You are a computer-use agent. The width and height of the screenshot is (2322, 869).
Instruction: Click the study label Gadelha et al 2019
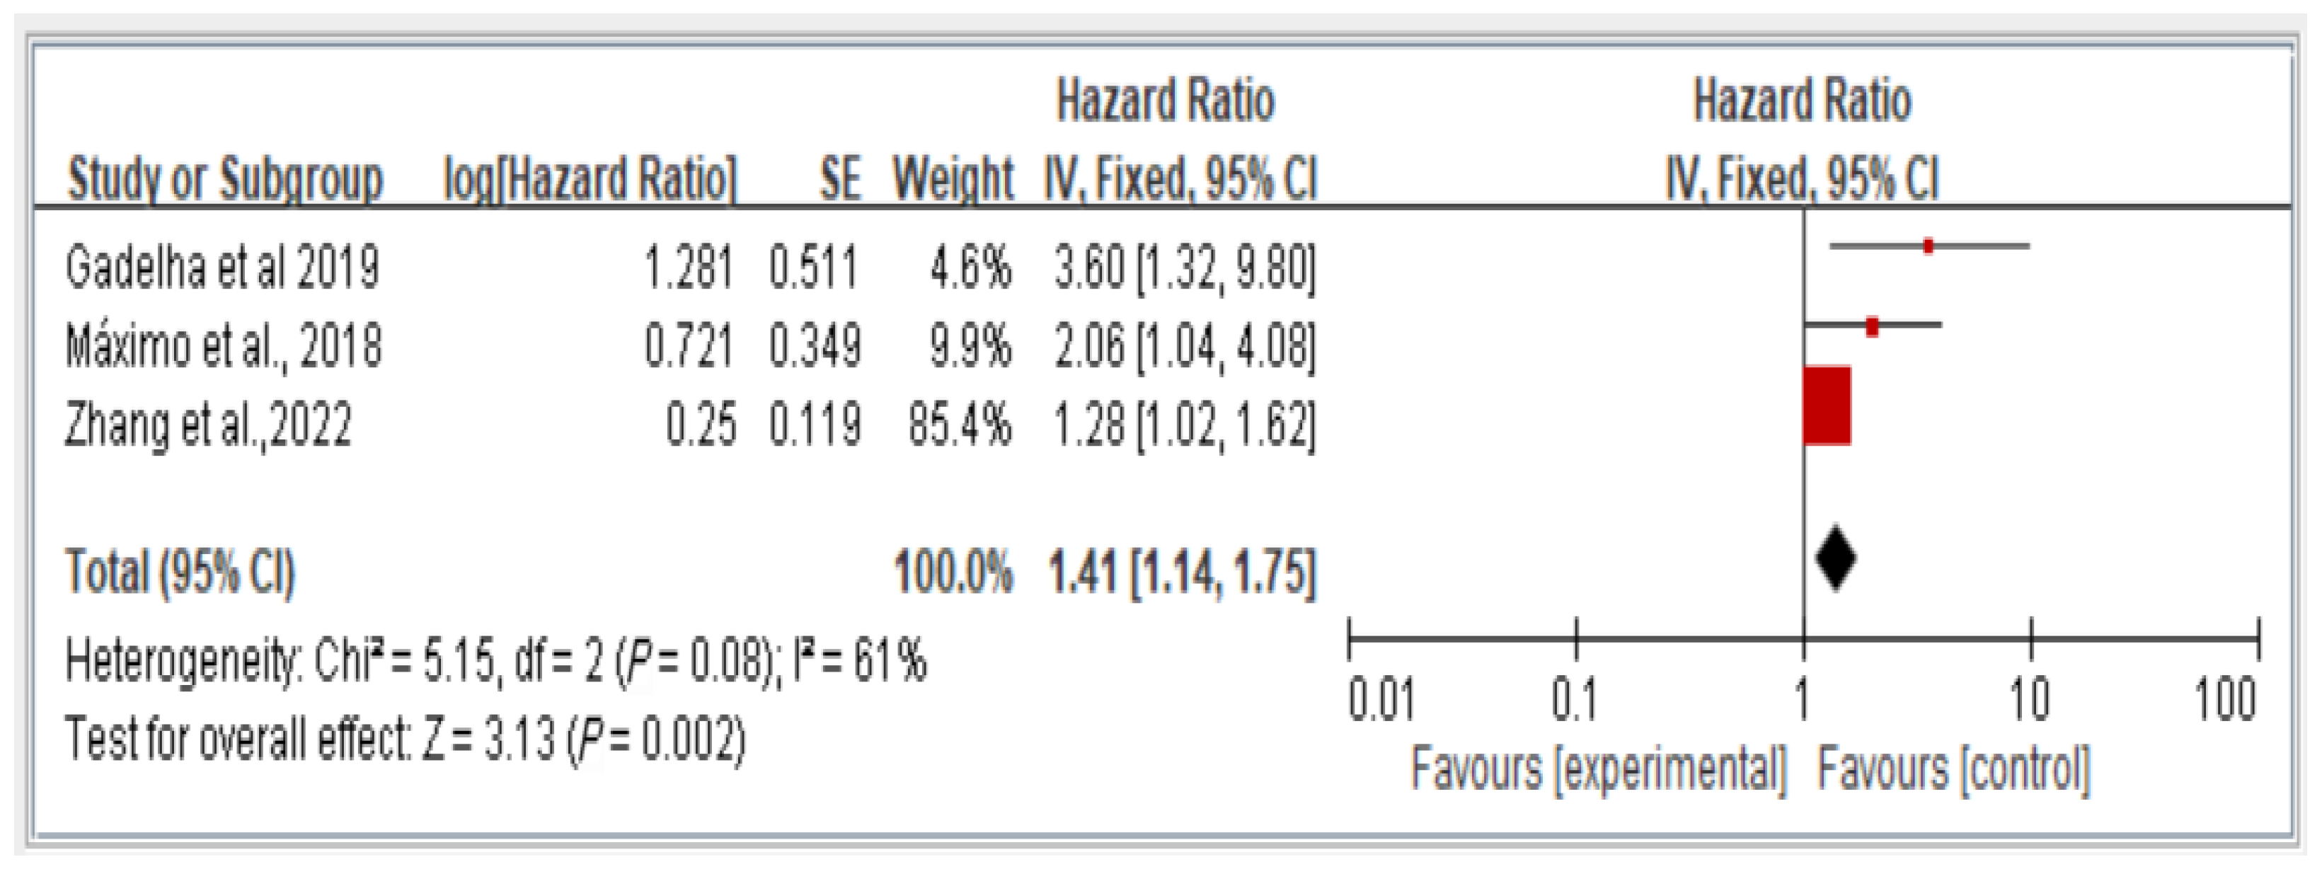pyautogui.click(x=222, y=267)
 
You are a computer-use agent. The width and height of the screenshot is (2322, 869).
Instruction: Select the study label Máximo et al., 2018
pyautogui.click(x=224, y=346)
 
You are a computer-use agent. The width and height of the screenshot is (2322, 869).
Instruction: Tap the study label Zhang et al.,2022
pyautogui.click(x=208, y=425)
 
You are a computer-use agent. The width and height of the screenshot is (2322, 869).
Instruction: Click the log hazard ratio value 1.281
pyautogui.click(x=689, y=267)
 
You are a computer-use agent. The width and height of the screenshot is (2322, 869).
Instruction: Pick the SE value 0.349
pyautogui.click(x=815, y=346)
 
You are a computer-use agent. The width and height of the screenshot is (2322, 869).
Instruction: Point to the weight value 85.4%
pyautogui.click(x=959, y=425)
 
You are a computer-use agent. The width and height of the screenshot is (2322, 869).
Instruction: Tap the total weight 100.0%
pyautogui.click(x=953, y=572)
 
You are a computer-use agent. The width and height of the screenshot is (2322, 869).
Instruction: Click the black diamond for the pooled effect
pyautogui.click(x=1836, y=559)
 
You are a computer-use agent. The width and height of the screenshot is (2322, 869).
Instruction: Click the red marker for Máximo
pyautogui.click(x=1872, y=326)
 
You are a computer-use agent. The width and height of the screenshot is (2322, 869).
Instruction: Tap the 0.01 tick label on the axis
pyautogui.click(x=1380, y=701)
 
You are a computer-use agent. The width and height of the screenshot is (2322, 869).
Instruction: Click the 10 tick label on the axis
pyautogui.click(x=2030, y=701)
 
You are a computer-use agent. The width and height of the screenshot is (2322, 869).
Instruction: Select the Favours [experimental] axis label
pyautogui.click(x=1598, y=771)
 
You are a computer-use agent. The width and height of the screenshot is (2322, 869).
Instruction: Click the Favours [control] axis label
pyautogui.click(x=1953, y=771)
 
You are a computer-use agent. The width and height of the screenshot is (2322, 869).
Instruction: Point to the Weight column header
pyautogui.click(x=953, y=178)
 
